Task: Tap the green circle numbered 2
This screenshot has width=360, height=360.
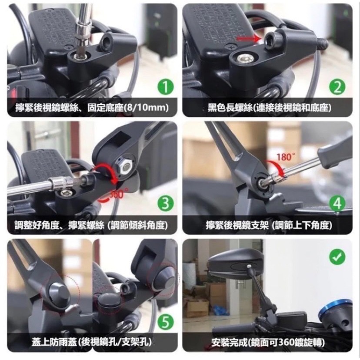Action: [337, 87]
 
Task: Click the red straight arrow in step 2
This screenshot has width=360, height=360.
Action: [249, 39]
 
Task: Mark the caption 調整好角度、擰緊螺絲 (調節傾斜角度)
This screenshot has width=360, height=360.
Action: [90, 225]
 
